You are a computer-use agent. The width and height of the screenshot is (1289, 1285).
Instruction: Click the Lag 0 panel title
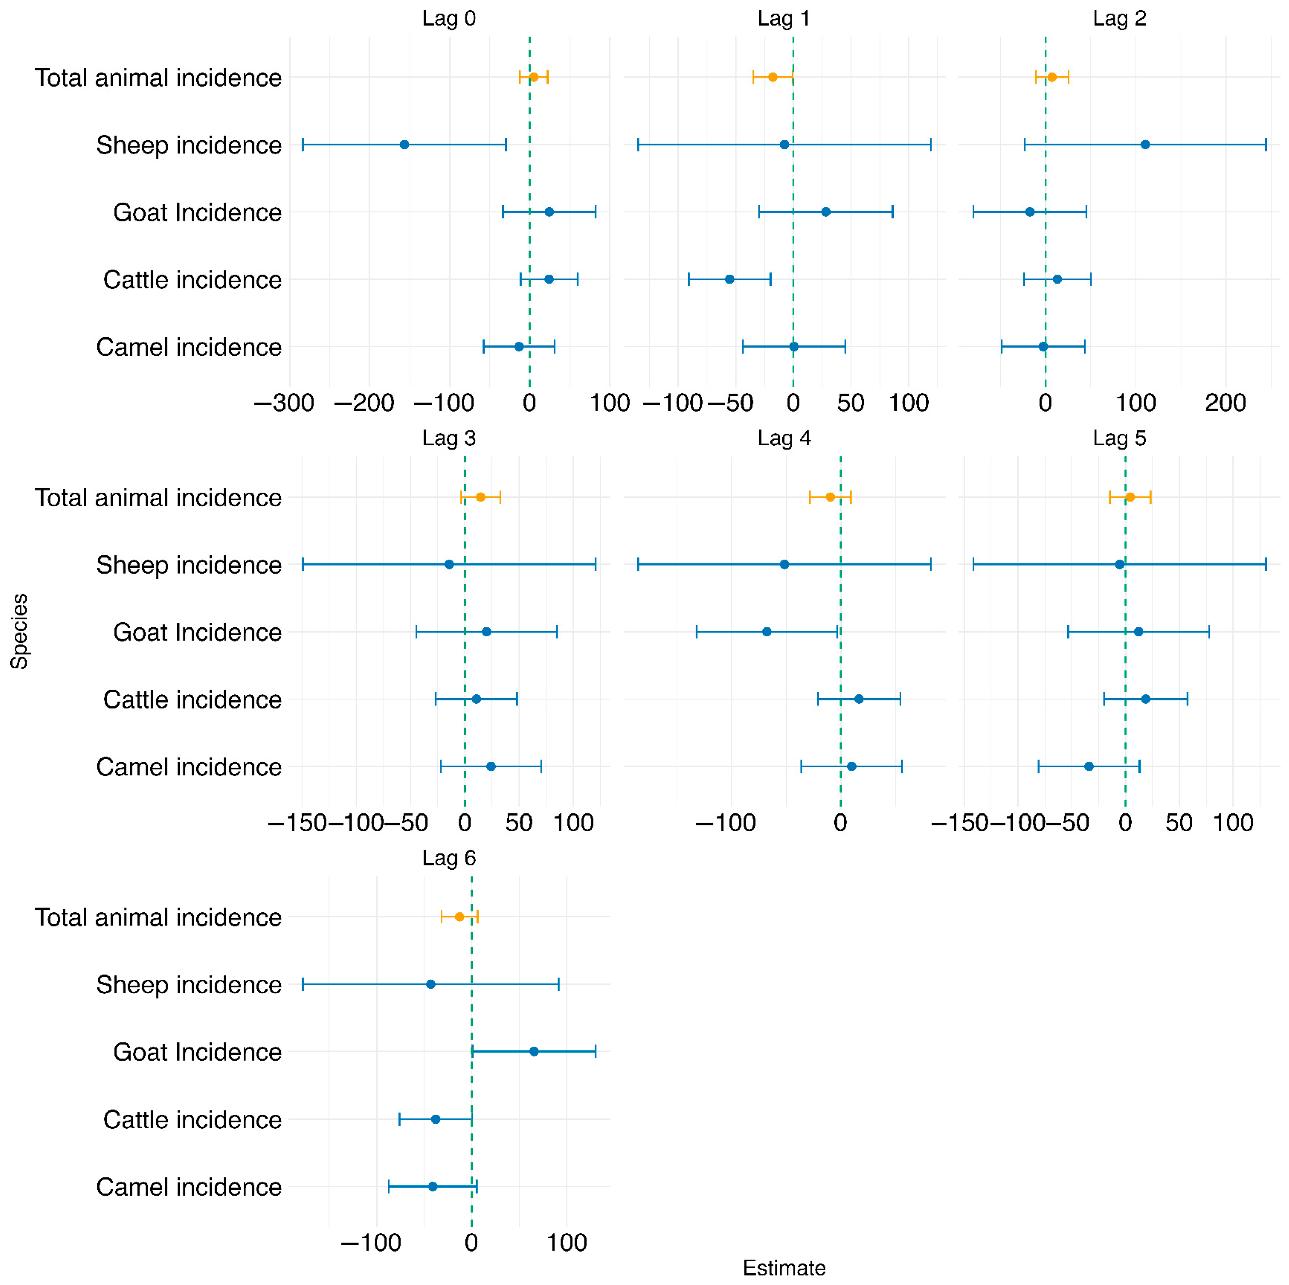449,19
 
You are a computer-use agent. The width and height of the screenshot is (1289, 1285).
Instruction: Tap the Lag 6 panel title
449,858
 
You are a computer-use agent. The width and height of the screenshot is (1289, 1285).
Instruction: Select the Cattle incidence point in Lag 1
729,279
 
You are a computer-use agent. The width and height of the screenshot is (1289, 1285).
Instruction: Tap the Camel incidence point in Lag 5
1089,766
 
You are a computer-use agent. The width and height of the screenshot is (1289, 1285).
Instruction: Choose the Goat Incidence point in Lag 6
534,1052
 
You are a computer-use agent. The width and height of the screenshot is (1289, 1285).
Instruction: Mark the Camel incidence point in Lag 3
491,766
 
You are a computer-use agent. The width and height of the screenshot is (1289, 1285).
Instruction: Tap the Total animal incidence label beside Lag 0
158,78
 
